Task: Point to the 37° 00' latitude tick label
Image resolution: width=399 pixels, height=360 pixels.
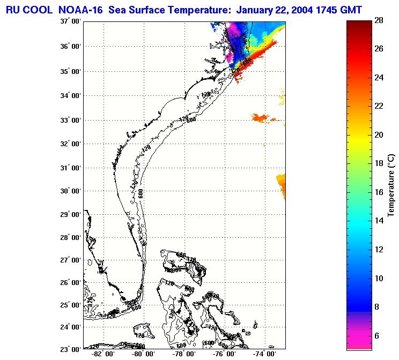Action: pos(70,21)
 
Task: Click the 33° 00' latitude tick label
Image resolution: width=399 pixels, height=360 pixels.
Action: pos(70,119)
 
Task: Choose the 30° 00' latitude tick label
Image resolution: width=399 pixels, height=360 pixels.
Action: pos(70,191)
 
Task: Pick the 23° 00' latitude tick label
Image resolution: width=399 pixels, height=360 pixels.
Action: pos(70,349)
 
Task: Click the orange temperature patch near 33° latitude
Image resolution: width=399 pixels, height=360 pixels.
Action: pos(260,117)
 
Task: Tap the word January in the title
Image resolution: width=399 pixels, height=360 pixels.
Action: pos(256,9)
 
